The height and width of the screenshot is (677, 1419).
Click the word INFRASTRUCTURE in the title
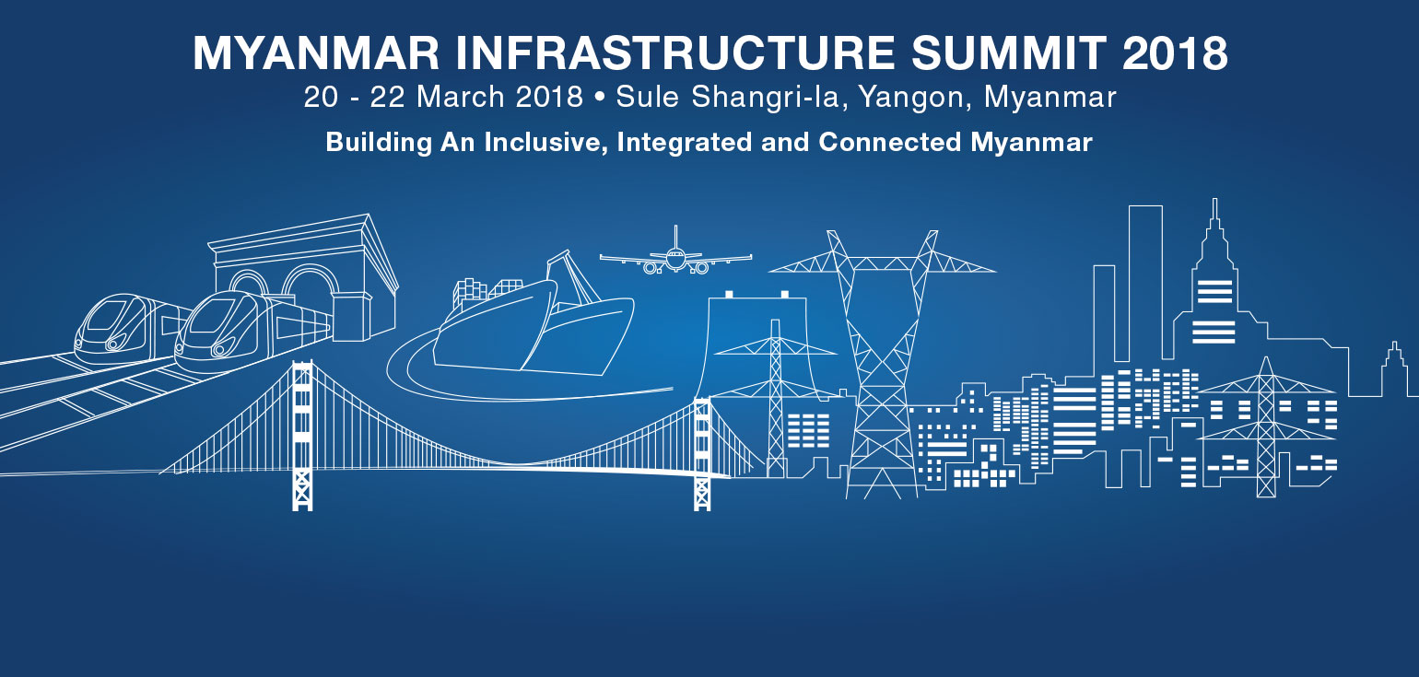(675, 53)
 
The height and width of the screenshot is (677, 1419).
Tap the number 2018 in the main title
(1175, 53)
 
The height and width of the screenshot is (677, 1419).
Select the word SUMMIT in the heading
(1008, 53)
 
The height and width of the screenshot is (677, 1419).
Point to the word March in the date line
(461, 97)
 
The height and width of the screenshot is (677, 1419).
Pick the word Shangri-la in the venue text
(765, 98)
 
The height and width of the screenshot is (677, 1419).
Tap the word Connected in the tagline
(889, 142)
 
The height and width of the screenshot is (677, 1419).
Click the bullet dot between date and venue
(599, 98)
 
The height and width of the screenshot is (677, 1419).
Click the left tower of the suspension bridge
(302, 435)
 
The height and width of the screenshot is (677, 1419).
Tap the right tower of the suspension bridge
(702, 453)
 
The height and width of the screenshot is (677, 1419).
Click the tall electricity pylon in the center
(882, 364)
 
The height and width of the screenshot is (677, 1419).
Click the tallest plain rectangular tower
(1145, 282)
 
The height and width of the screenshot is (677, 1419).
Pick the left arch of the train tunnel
(249, 282)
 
